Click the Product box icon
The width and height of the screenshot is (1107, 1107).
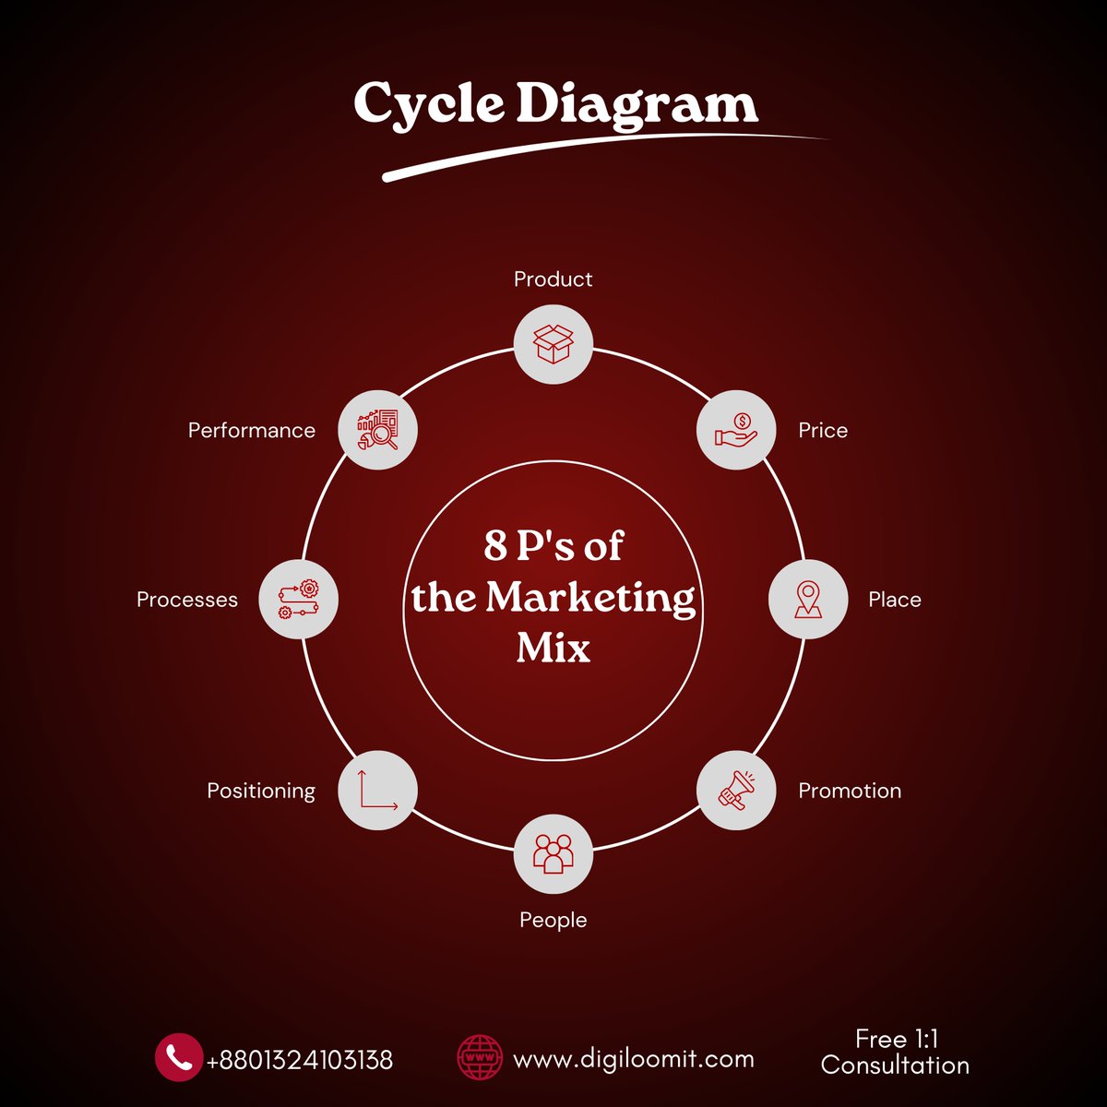click(x=553, y=343)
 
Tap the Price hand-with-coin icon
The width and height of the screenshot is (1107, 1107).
click(x=735, y=431)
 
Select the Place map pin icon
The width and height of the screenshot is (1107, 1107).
click(x=807, y=600)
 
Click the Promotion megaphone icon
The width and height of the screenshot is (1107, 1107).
click(x=735, y=791)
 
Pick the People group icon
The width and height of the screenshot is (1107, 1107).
click(x=553, y=854)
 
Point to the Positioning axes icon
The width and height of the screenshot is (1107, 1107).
click(x=377, y=791)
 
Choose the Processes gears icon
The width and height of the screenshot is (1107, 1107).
click(x=299, y=600)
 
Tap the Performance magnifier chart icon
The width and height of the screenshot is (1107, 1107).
click(x=377, y=431)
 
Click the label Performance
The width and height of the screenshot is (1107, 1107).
click(x=252, y=431)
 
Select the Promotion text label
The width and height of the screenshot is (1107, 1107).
click(x=850, y=791)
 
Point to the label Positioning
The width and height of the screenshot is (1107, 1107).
click(x=261, y=791)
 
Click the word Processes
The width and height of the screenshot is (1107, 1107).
click(x=187, y=600)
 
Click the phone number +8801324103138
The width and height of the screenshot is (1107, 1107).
click(x=300, y=1060)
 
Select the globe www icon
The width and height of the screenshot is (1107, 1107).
click(x=481, y=1057)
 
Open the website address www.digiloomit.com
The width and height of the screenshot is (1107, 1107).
click(x=633, y=1060)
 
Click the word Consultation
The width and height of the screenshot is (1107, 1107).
click(x=895, y=1065)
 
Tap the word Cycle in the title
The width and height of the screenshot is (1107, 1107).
click(x=429, y=105)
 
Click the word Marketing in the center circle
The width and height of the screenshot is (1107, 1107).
click(x=590, y=598)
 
